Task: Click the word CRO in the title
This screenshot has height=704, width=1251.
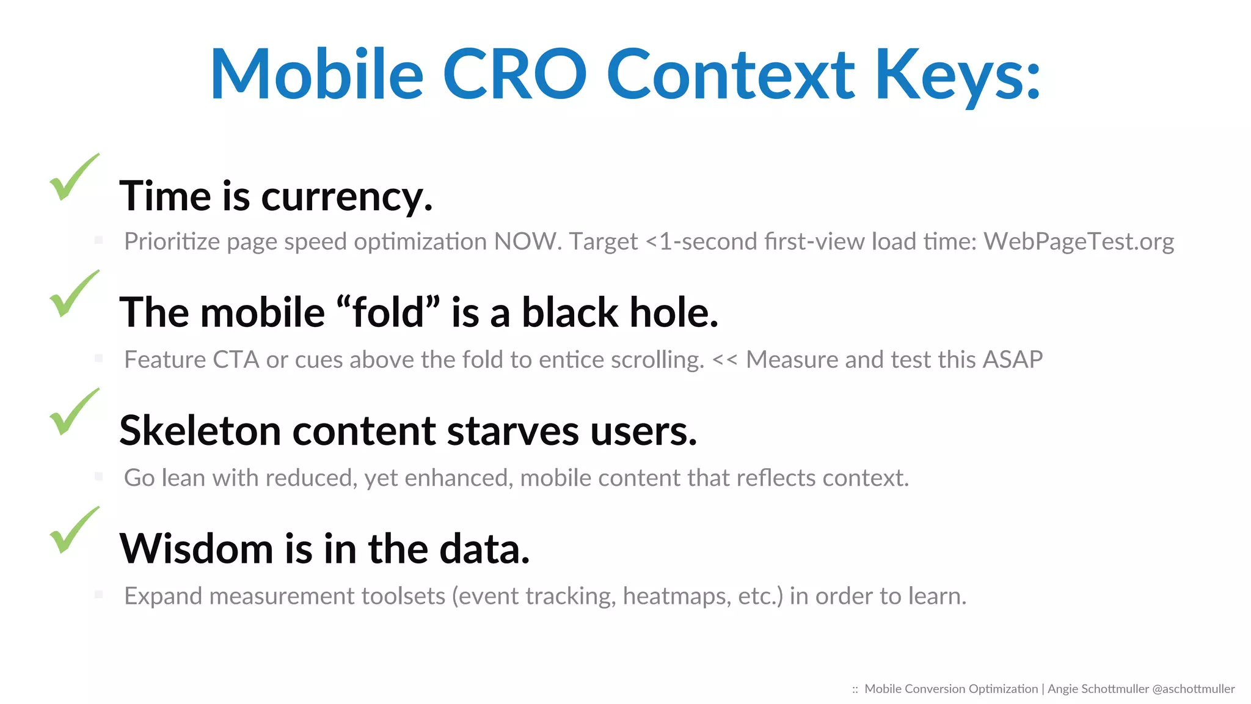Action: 514,75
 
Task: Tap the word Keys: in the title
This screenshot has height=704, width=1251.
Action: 957,75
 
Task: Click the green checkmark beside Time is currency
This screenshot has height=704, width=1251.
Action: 73,178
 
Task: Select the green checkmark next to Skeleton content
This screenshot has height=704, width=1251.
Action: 73,413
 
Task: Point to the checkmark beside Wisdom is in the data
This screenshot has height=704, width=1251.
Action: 73,531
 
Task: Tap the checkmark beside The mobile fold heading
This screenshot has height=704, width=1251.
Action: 73,295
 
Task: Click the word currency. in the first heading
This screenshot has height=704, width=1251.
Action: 346,197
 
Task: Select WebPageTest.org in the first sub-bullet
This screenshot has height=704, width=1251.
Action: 1078,242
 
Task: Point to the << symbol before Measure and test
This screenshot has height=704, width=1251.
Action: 724,360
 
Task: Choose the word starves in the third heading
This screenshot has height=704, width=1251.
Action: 512,431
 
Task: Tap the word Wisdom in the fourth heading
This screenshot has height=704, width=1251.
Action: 196,549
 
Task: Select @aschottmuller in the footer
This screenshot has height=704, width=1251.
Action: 1193,689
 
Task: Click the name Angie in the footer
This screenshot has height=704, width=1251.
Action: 1062,689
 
